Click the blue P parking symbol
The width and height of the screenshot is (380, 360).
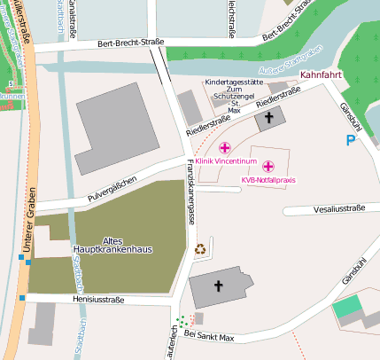tap(352, 139)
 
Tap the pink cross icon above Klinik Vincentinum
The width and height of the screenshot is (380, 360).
tap(225, 147)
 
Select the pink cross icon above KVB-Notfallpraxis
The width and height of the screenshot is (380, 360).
tap(268, 166)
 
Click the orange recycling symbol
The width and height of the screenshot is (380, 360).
tap(200, 249)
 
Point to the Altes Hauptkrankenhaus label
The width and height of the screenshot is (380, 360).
tap(112, 245)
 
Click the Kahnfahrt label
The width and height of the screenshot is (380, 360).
tap(321, 76)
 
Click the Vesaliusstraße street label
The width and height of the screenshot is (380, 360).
tap(336, 209)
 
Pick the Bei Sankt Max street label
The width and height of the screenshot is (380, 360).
tap(209, 336)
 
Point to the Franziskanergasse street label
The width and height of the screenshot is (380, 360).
tap(190, 195)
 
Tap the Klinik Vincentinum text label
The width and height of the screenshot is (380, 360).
tap(225, 161)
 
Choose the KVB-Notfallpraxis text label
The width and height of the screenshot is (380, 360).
tap(268, 180)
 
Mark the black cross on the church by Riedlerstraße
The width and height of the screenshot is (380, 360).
tap(269, 115)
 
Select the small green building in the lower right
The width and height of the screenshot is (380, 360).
tap(348, 306)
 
